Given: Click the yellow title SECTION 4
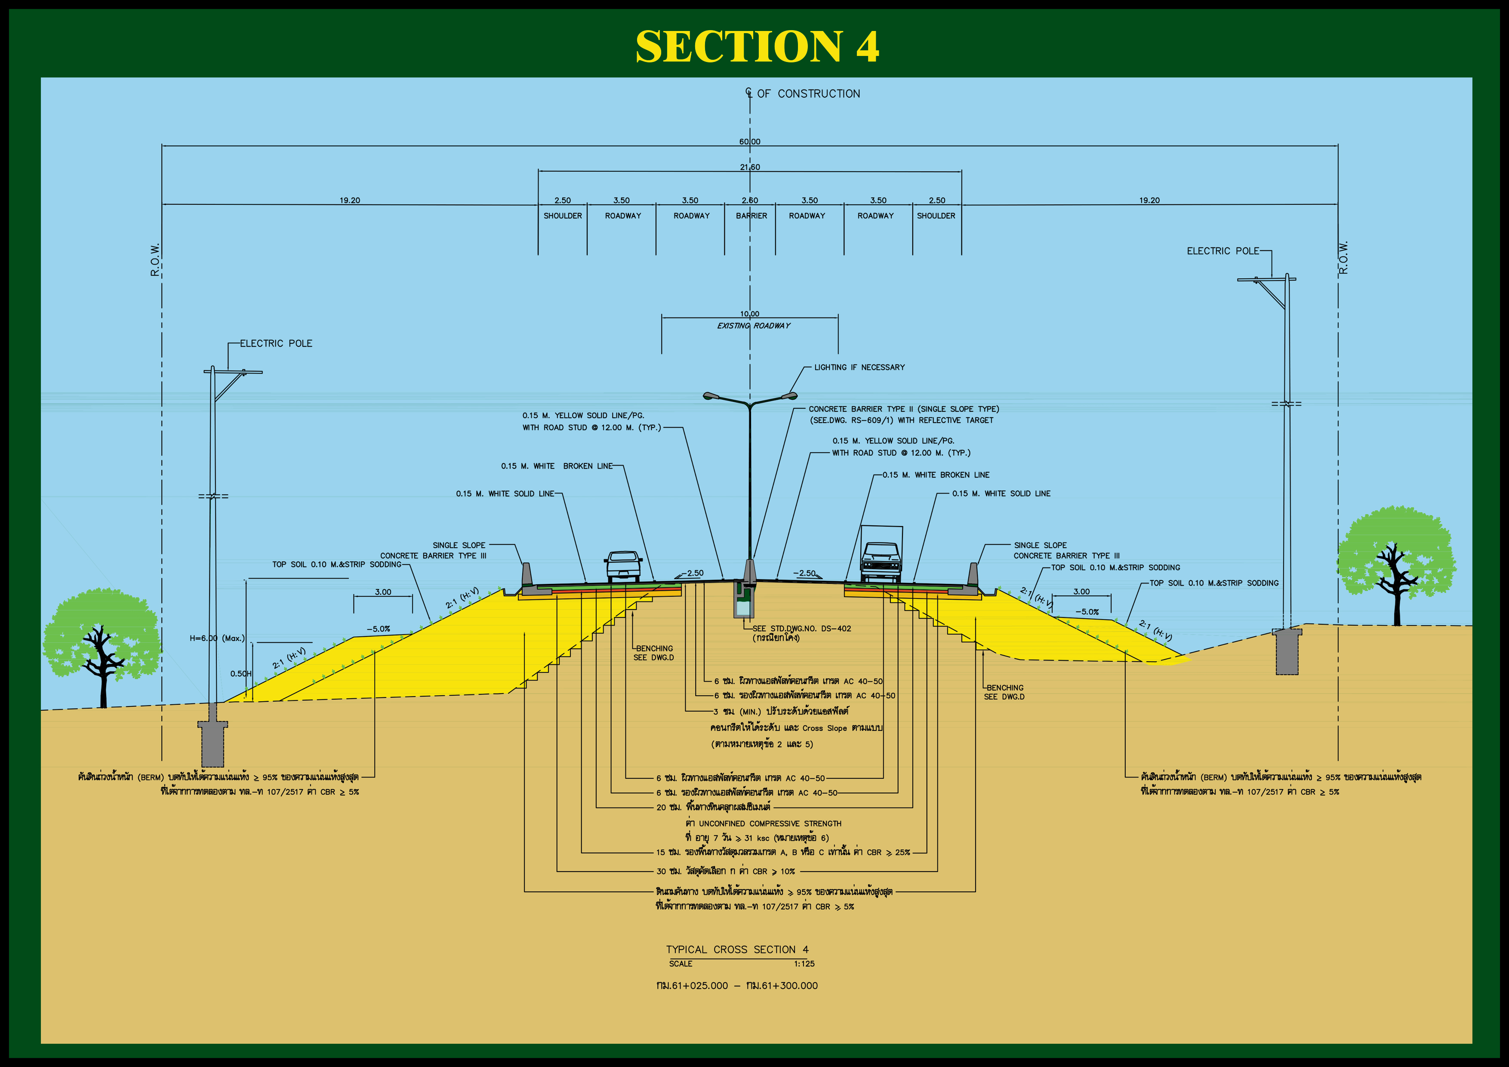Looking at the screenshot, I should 757,46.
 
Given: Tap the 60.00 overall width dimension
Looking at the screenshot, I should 749,142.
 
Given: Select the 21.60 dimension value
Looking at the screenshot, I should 750,167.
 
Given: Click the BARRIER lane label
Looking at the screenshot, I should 751,216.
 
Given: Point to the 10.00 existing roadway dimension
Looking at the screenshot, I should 749,314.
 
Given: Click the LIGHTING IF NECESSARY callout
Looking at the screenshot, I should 859,367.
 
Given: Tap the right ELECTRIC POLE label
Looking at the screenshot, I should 1223,251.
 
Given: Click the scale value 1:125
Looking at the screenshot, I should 804,964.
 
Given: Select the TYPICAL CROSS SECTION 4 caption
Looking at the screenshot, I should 737,949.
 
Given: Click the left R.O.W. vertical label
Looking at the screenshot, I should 155,260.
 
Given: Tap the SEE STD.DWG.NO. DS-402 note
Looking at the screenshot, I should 802,629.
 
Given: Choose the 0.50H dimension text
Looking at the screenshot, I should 240,673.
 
